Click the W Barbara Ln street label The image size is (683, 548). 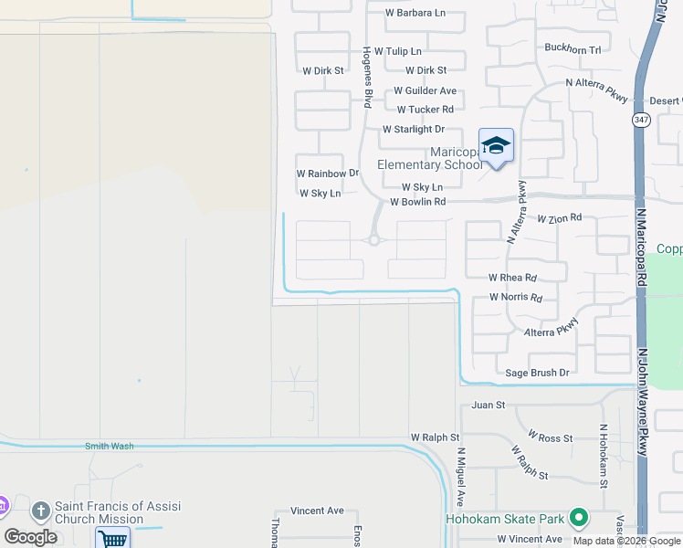click(415, 13)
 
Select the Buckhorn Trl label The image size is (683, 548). click(573, 49)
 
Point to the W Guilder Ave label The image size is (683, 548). click(425, 91)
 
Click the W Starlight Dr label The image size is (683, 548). click(413, 130)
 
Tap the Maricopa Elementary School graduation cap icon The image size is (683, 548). click(496, 145)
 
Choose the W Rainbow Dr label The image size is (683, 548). click(327, 173)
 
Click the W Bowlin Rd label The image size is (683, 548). click(417, 202)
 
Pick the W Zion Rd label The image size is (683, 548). click(559, 219)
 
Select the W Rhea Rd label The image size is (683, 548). click(512, 277)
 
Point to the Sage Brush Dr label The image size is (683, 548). click(537, 373)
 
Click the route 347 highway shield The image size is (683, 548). click(641, 121)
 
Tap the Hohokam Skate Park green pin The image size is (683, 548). click(578, 518)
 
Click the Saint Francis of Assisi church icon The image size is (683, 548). click(40, 510)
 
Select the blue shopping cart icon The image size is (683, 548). click(111, 539)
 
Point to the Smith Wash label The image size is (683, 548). click(109, 446)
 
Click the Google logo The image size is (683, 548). click(30, 536)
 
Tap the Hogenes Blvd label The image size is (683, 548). click(368, 78)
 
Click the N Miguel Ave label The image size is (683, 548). click(461, 476)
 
